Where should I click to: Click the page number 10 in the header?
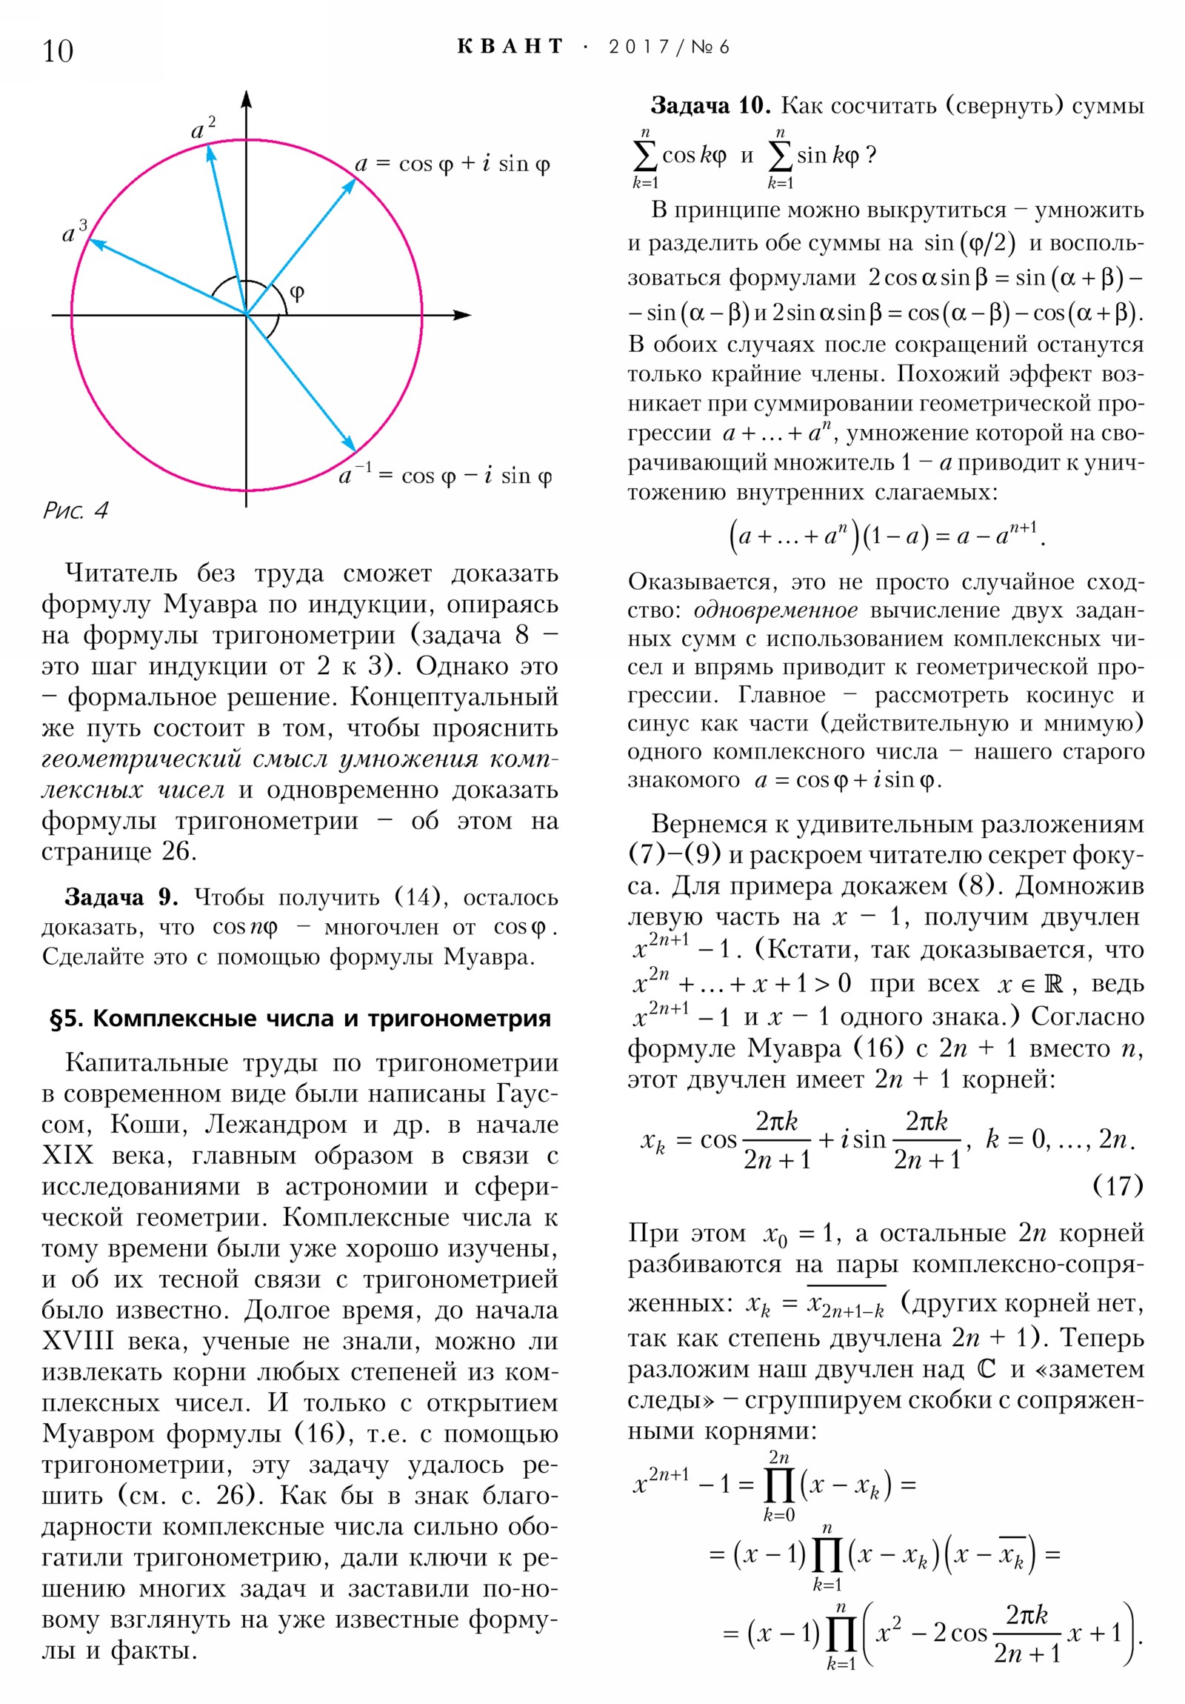[58, 51]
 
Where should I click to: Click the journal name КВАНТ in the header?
[510, 47]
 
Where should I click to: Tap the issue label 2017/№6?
[669, 47]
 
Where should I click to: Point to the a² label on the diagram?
[203, 128]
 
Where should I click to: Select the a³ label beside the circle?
[74, 232]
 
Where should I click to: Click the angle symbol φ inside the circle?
[297, 292]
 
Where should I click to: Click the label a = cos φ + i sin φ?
[452, 163]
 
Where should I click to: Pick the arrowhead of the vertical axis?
[247, 99]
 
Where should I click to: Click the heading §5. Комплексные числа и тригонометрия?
[300, 1018]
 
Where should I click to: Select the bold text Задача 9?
[121, 897]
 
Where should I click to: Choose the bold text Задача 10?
[710, 105]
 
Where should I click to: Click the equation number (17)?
[1118, 1185]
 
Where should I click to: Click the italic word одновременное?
[775, 610]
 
